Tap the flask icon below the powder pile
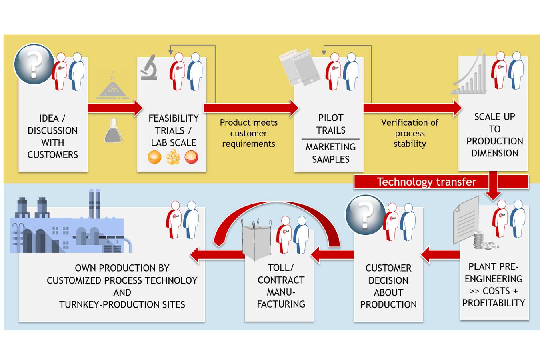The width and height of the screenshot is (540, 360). [113, 131]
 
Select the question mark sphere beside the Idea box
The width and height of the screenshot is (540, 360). [34, 64]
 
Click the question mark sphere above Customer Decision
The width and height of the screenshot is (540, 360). [365, 214]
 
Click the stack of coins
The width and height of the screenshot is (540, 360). [480, 240]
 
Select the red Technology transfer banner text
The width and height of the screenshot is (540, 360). [426, 182]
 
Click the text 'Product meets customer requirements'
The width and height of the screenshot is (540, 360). [248, 133]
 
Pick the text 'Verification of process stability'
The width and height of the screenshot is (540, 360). [410, 133]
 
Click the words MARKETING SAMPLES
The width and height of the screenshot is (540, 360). [330, 153]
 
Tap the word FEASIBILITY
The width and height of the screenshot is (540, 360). [174, 118]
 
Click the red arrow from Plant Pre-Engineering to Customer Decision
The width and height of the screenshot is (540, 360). [440, 254]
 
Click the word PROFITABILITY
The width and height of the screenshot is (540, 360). [494, 303]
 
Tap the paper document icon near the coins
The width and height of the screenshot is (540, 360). [466, 219]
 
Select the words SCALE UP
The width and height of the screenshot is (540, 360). [494, 117]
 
